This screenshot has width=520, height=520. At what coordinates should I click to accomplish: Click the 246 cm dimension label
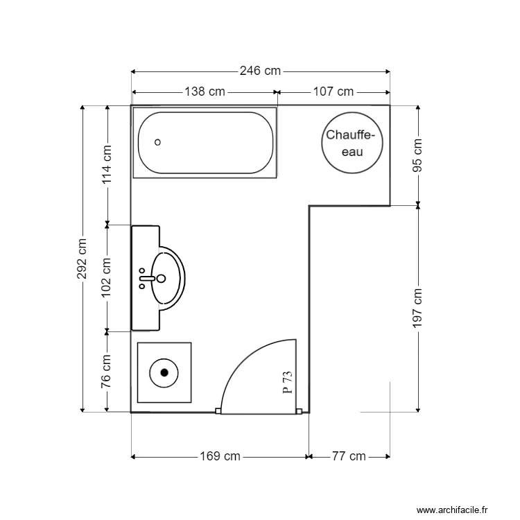(260, 71)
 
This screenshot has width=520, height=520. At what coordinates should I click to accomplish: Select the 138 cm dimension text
(205, 92)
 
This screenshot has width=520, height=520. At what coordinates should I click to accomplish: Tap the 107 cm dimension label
(333, 92)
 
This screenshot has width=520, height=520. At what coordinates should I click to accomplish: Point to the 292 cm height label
(82, 259)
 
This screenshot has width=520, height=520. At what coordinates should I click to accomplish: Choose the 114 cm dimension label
(107, 164)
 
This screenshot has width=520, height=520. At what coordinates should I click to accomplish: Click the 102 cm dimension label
(106, 277)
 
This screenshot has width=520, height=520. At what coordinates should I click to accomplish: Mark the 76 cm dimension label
(106, 371)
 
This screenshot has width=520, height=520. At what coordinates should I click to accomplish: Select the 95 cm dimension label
(417, 155)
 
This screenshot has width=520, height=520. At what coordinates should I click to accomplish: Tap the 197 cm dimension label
(417, 308)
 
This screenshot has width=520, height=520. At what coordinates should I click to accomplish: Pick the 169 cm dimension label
(220, 456)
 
